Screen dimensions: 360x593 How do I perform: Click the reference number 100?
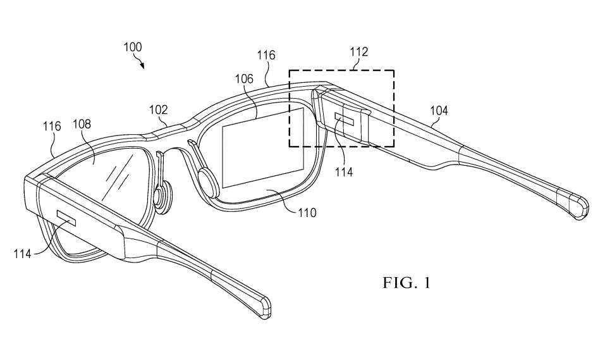coord(133,47)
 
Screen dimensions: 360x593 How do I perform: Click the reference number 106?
coord(243,79)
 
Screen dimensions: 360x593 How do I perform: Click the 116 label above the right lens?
coord(266,56)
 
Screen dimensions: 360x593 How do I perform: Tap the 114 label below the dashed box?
coord(345,171)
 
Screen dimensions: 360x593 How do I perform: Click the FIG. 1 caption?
coord(406,282)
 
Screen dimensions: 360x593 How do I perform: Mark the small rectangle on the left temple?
coord(66,219)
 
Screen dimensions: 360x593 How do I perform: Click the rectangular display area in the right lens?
coord(264,147)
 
